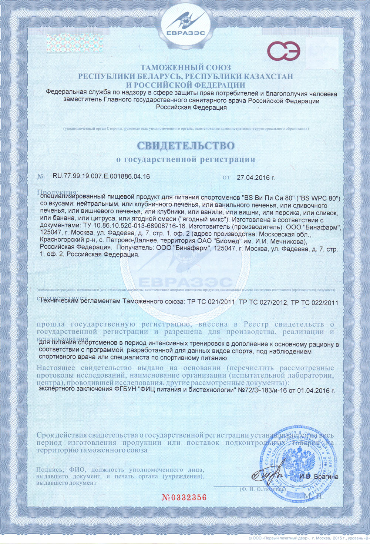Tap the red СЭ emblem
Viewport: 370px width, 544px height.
coord(284,51)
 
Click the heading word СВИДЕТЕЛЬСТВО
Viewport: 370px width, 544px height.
coord(186,145)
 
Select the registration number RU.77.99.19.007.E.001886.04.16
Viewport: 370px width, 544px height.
coord(101,176)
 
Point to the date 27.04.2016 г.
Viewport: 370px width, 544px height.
coord(256,178)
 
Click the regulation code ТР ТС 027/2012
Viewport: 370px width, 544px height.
coord(263,302)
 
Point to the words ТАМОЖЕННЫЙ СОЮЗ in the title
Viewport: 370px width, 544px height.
coord(185,67)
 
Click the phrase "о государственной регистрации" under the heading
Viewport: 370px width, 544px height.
coord(186,160)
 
